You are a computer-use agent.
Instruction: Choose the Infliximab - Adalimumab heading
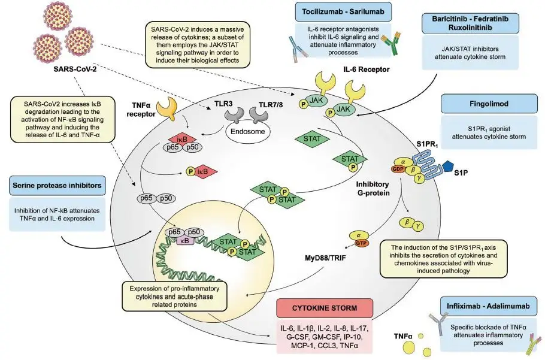(485, 305)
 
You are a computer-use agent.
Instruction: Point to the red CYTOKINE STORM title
(325, 308)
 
